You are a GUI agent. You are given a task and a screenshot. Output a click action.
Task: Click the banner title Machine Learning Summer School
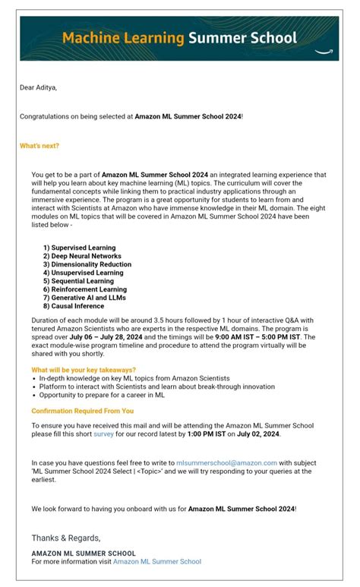(x=180, y=37)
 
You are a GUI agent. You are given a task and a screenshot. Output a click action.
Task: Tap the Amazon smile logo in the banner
(x=325, y=52)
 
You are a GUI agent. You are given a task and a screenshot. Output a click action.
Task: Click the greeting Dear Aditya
(x=38, y=87)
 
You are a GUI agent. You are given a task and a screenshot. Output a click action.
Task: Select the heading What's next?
(x=39, y=145)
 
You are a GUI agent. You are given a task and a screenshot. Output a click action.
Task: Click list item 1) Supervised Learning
(x=79, y=248)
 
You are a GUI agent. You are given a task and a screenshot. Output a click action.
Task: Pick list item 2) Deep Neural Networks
(x=82, y=256)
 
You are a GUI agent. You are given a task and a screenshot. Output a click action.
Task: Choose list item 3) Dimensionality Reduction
(x=87, y=264)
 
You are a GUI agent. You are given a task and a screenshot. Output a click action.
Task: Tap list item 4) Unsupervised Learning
(x=83, y=273)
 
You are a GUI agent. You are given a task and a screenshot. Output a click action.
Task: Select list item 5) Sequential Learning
(x=78, y=281)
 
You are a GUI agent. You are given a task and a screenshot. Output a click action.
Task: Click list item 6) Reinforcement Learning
(x=84, y=289)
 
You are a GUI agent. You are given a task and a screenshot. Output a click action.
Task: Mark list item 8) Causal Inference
(x=73, y=306)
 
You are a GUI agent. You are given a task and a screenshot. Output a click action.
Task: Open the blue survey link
(x=103, y=434)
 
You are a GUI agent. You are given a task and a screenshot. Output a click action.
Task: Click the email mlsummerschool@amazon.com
(x=226, y=462)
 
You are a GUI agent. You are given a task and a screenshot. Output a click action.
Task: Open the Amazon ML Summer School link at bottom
(x=157, y=561)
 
